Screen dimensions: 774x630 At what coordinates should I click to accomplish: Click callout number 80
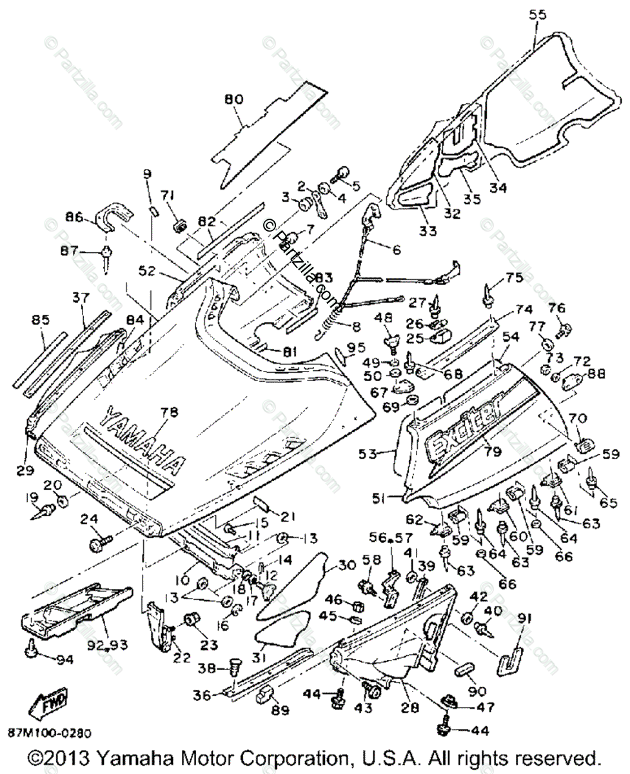point(232,100)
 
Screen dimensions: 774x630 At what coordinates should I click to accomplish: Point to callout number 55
point(537,14)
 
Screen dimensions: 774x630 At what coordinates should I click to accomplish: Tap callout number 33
point(428,230)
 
